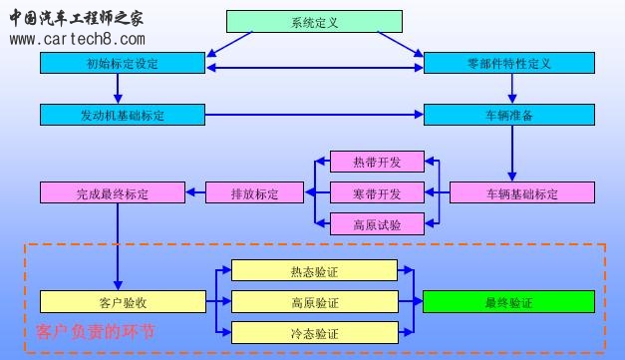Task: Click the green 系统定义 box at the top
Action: pyautogui.click(x=314, y=21)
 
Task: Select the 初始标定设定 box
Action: pyautogui.click(x=122, y=63)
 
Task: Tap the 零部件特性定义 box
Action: pyautogui.click(x=508, y=63)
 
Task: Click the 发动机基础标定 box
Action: pyautogui.click(x=122, y=115)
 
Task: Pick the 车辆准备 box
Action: pyautogui.click(x=508, y=115)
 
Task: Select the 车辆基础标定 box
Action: pyautogui.click(x=522, y=192)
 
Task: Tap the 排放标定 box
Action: pyautogui.click(x=254, y=192)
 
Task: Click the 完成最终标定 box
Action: pyautogui.click(x=111, y=192)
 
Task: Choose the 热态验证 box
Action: pyautogui.click(x=314, y=270)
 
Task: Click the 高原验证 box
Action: pyautogui.click(x=314, y=301)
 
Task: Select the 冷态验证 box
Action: pyautogui.click(x=314, y=332)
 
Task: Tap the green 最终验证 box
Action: pyautogui.click(x=508, y=301)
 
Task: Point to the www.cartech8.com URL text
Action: pyautogui.click(x=77, y=39)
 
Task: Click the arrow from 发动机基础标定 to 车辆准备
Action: pyautogui.click(x=313, y=115)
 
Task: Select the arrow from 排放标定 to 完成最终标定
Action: pyautogui.click(x=192, y=192)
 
